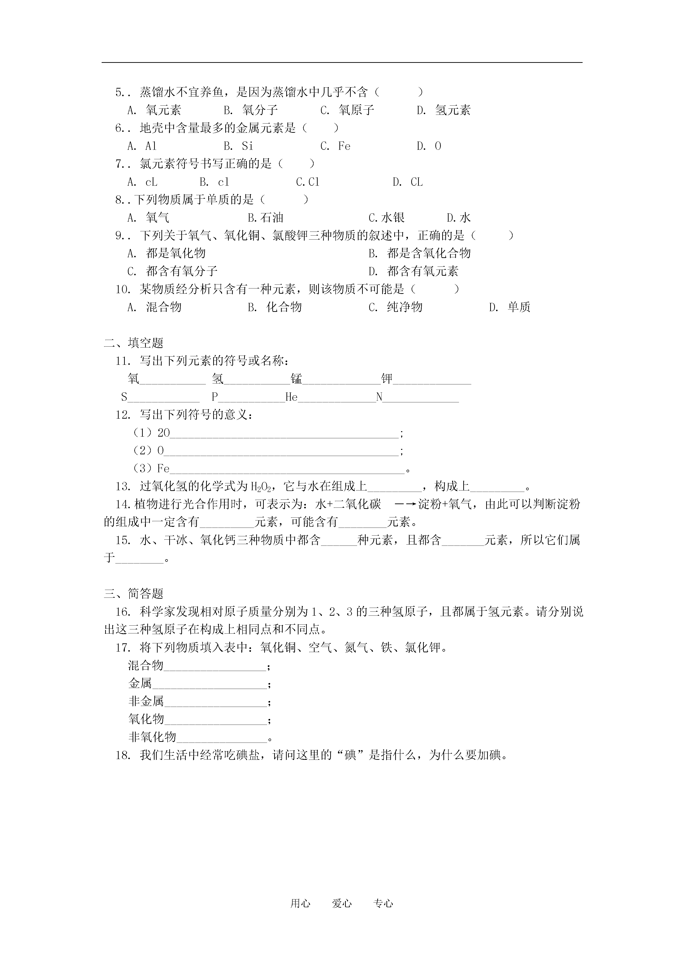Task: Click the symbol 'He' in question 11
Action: coord(291,397)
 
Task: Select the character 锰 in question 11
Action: coord(296,379)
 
